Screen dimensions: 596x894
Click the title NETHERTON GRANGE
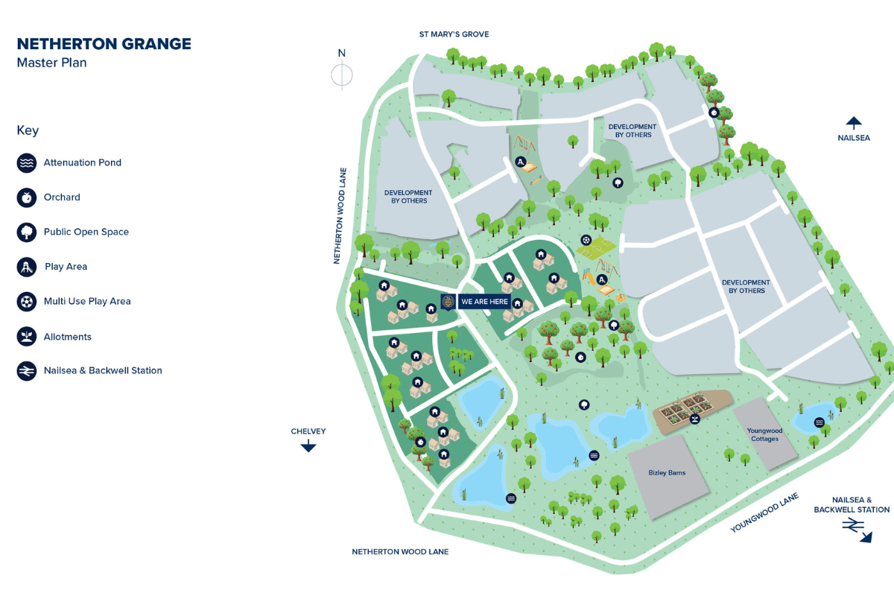pyautogui.click(x=104, y=44)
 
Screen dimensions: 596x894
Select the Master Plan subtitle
pyautogui.click(x=51, y=63)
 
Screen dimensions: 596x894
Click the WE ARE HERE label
pyautogui.click(x=484, y=302)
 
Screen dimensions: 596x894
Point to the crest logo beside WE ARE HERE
pyautogui.click(x=448, y=302)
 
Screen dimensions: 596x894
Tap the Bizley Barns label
pyautogui.click(x=667, y=472)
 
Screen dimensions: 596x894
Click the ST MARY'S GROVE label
pyautogui.click(x=454, y=34)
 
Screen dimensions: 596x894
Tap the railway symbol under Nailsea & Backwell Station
pyautogui.click(x=852, y=526)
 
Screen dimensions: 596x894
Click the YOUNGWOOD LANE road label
pyautogui.click(x=764, y=513)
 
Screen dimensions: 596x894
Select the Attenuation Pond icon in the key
pyautogui.click(x=27, y=162)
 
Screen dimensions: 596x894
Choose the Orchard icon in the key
pyautogui.click(x=27, y=197)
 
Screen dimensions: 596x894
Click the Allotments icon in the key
pyautogui.click(x=27, y=337)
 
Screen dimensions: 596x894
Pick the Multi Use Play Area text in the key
pyautogui.click(x=88, y=302)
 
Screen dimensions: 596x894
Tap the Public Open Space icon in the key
pyautogui.click(x=27, y=232)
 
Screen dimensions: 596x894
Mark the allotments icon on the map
pyautogui.click(x=694, y=420)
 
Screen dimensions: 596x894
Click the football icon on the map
pyautogui.click(x=587, y=241)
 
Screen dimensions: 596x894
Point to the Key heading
pyautogui.click(x=28, y=130)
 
